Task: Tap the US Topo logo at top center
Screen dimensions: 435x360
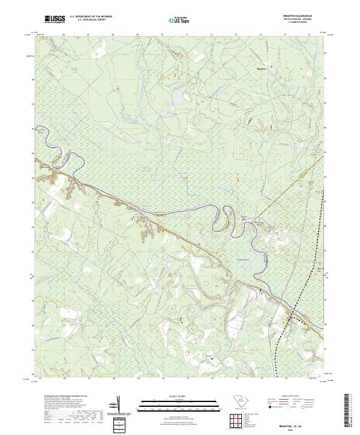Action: coord(181,20)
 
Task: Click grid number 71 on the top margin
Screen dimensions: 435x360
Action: coord(187,35)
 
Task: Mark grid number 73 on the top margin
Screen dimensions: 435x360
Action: coord(236,35)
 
